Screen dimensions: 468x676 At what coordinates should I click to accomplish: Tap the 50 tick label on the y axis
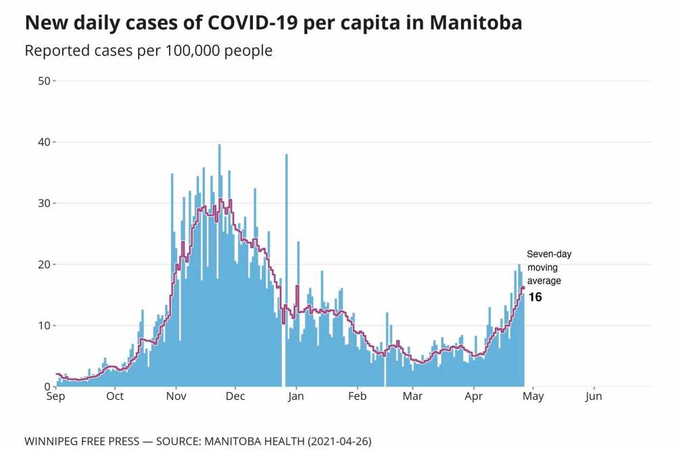click(45, 81)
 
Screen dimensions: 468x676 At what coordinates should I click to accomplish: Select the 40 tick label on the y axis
click(45, 142)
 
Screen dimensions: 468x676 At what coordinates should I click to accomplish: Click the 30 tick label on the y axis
click(45, 203)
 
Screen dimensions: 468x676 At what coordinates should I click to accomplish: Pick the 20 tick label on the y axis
click(45, 264)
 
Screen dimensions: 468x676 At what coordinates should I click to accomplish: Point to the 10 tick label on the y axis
click(45, 325)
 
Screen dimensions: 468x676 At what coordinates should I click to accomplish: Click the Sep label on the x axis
click(55, 396)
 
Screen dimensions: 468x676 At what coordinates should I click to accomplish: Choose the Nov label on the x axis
click(176, 396)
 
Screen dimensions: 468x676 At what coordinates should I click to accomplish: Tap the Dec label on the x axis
click(235, 396)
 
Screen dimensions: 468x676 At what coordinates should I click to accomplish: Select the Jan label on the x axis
click(295, 396)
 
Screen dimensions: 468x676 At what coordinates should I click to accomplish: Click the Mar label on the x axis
click(412, 396)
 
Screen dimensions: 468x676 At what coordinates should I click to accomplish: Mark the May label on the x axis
click(533, 396)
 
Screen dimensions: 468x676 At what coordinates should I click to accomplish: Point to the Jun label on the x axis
click(594, 396)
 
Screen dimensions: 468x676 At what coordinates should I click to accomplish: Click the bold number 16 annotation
click(535, 297)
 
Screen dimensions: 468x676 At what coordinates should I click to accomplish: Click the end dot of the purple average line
click(523, 287)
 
